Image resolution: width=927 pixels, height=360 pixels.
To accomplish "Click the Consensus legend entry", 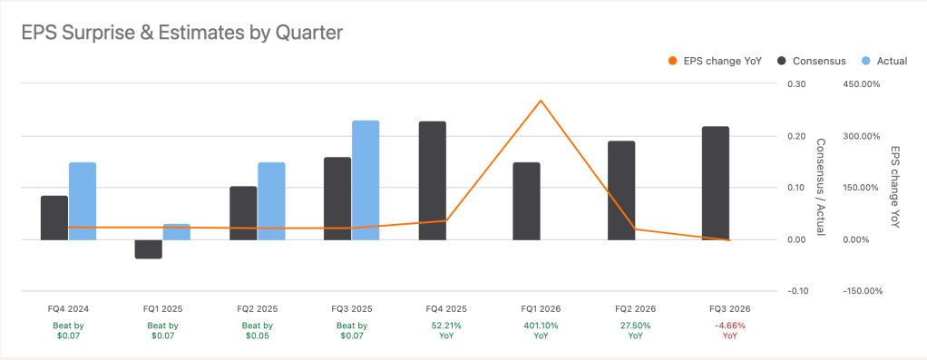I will pos(811,61).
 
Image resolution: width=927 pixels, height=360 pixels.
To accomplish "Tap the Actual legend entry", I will pos(883,61).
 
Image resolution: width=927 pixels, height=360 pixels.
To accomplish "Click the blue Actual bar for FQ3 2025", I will pos(366,180).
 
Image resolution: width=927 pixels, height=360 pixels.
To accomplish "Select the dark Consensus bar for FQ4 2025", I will pos(433,180).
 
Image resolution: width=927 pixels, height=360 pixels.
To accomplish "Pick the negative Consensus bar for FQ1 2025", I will pos(149,249).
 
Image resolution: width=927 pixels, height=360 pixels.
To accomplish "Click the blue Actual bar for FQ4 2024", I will pos(83,201).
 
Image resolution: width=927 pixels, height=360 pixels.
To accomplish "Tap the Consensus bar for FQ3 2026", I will pos(716,183).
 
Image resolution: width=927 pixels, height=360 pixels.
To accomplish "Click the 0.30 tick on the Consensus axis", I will pos(796,84).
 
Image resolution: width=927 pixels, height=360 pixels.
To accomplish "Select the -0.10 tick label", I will pos(795,291).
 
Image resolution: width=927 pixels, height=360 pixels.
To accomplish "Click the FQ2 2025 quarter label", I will pos(257,308).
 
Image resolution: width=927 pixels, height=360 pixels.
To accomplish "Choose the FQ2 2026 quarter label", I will pos(635,308).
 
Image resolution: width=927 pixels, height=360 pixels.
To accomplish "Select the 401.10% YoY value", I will pos(541,325).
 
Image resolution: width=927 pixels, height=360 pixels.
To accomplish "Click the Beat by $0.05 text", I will pos(257,330).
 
